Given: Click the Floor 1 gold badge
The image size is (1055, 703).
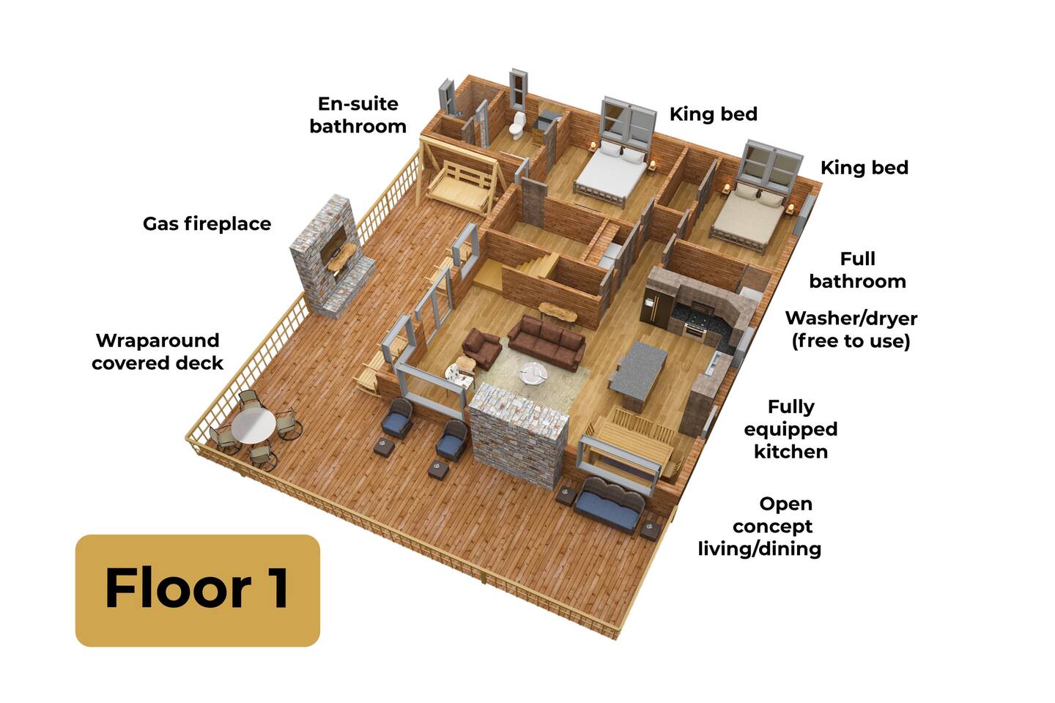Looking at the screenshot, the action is tap(197, 590).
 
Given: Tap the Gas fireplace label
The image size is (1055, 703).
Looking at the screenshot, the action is tap(207, 224).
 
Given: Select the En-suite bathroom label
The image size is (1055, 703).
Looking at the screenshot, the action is tap(358, 116).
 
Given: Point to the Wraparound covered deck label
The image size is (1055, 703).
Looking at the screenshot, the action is tap(158, 351).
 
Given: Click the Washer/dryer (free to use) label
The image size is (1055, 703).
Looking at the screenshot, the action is tap(851, 330).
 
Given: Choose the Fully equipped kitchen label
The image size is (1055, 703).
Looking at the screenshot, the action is tap(791, 429).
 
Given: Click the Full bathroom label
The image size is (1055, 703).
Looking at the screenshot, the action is tap(858, 270).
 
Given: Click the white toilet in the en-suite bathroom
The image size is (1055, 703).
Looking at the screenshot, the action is tap(517, 125).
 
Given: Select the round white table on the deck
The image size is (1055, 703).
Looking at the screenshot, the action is tap(253, 426).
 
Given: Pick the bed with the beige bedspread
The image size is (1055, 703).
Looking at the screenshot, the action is tap(749, 215).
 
